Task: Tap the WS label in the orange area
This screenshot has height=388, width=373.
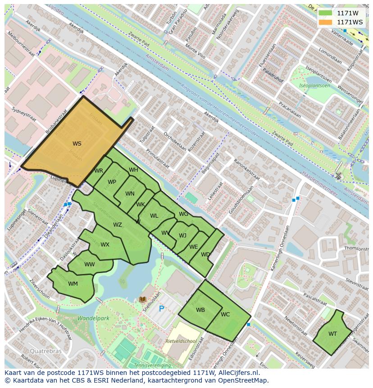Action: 77,144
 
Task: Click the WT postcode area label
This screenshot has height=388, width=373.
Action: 332,334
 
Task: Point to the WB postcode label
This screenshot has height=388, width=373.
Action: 200,310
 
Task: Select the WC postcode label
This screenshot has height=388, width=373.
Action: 225,315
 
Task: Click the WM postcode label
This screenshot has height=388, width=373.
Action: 73,284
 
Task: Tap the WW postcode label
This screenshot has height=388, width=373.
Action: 90,265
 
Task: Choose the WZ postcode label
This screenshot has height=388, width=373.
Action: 118,225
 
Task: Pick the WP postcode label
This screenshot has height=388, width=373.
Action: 112,182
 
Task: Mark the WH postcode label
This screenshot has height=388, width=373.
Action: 134,170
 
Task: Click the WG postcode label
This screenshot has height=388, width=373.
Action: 183,214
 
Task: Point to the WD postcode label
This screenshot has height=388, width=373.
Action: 205,255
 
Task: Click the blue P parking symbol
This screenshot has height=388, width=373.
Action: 161,309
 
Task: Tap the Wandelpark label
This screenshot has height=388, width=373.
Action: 93,318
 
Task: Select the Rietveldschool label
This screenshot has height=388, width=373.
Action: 180,341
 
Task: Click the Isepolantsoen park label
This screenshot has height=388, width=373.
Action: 315,86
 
